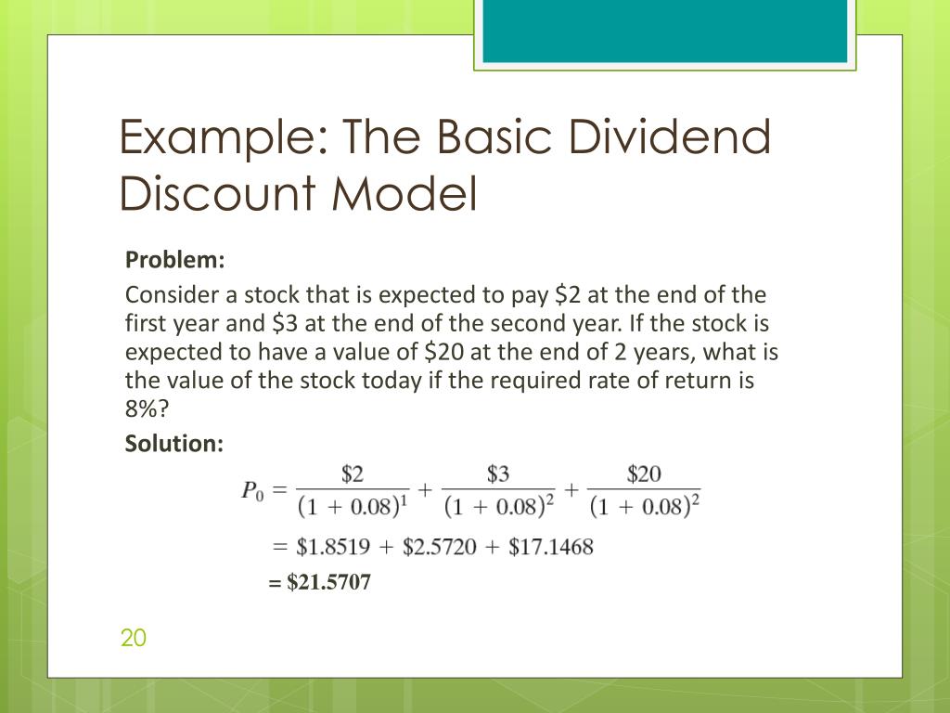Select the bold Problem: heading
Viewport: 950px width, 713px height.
point(175,259)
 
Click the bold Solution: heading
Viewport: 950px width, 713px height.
point(174,444)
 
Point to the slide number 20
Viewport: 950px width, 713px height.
point(134,638)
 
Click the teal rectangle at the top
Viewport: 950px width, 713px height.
point(664,31)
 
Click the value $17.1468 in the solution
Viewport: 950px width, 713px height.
point(550,546)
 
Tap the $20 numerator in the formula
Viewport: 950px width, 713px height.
point(644,474)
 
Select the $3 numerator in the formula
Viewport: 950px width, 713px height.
point(498,474)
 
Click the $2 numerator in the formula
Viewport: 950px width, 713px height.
point(353,474)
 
